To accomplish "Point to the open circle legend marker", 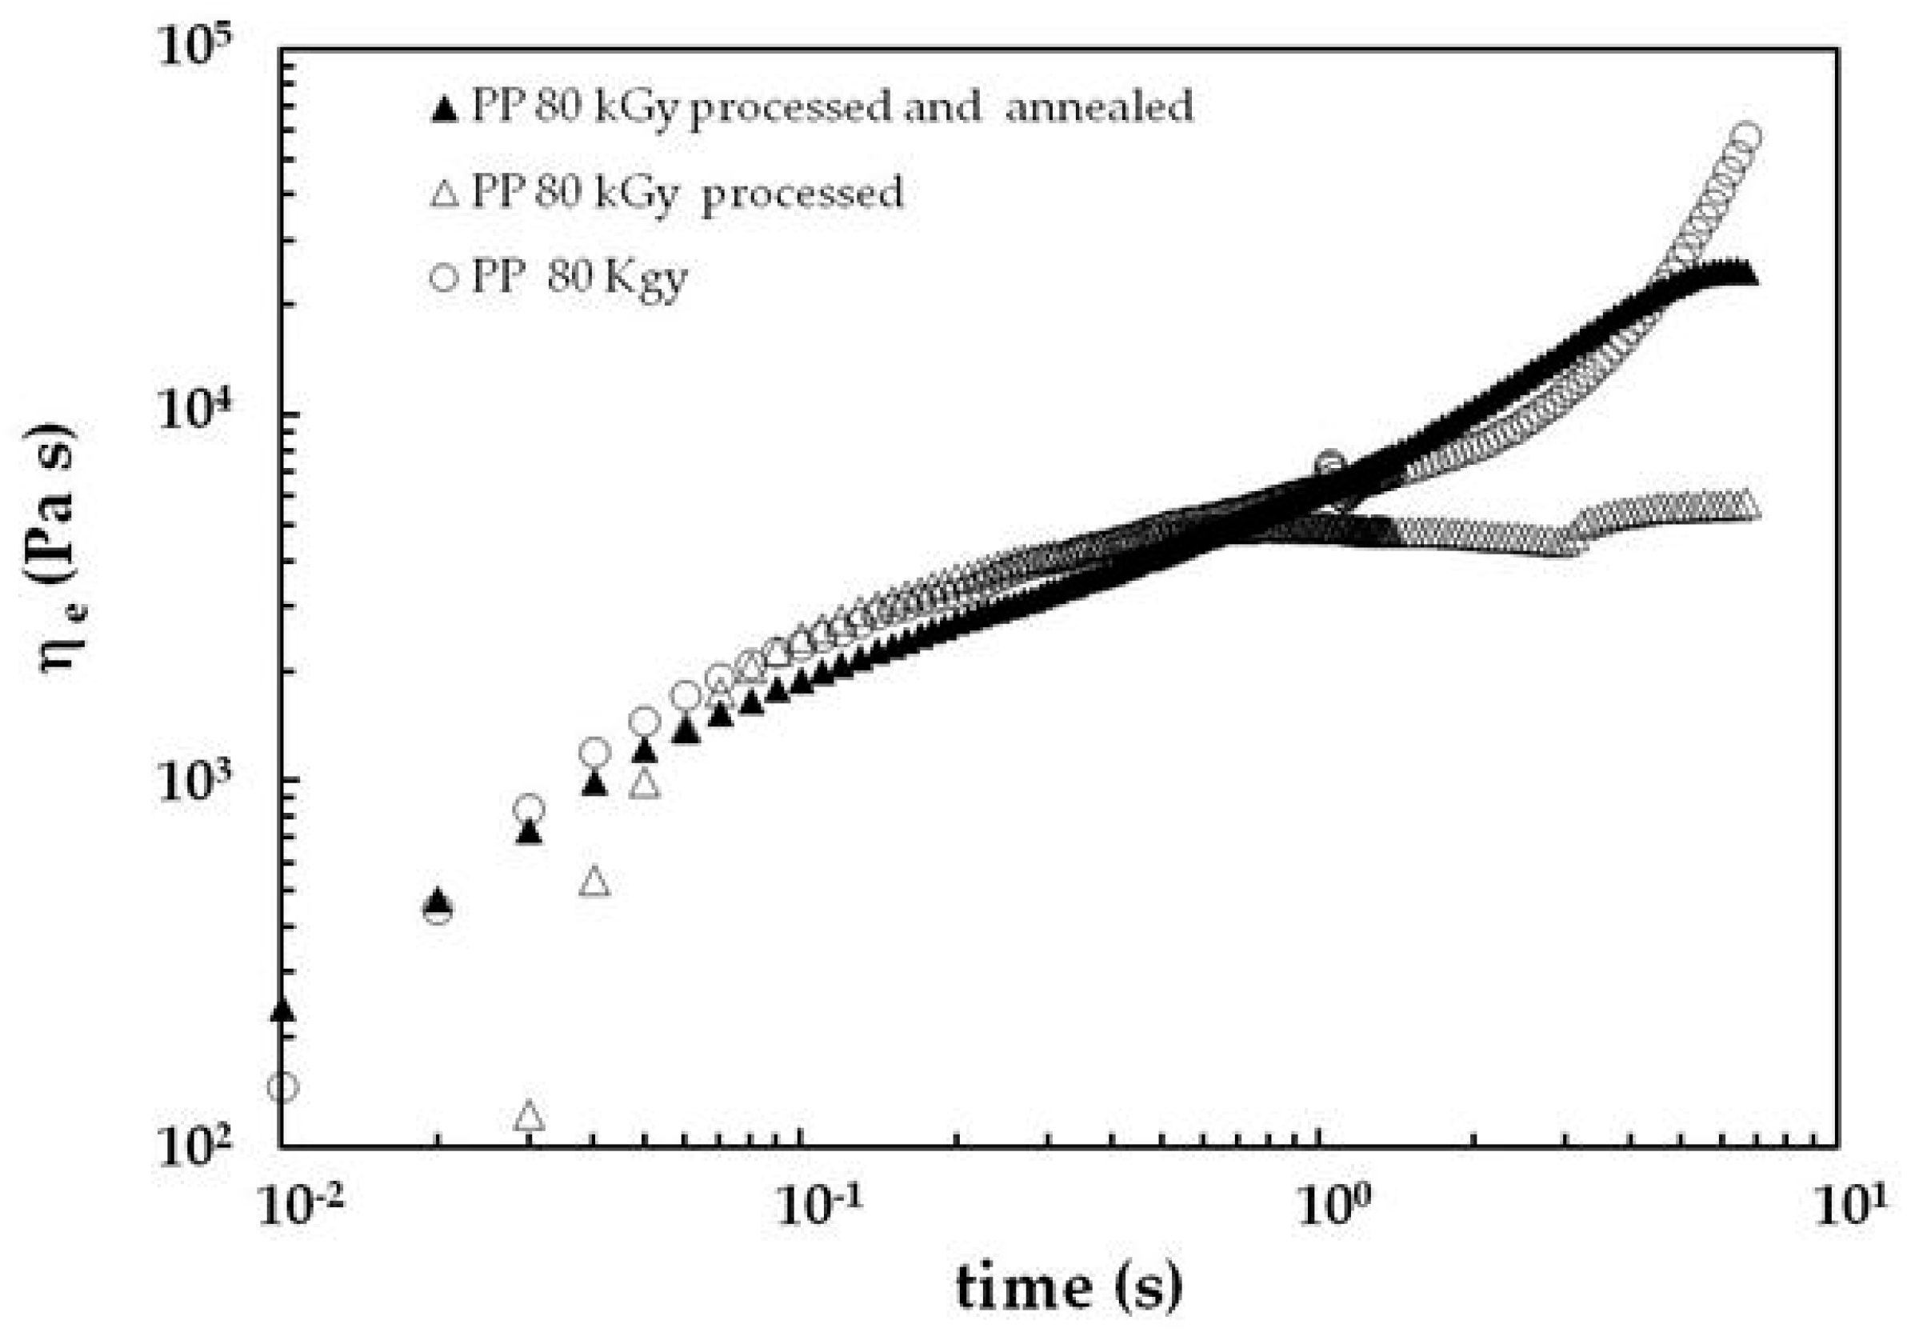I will (446, 278).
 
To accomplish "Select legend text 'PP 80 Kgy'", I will (580, 278).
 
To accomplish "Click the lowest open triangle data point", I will (530, 1115).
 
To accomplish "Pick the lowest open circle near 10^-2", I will (283, 1086).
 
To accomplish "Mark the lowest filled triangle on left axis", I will (283, 1009).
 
